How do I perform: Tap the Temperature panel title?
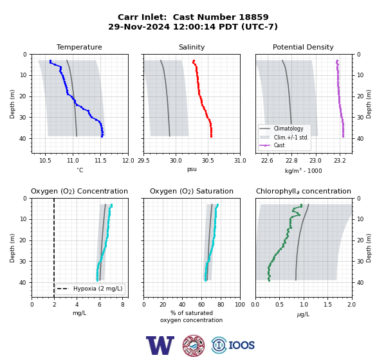79,47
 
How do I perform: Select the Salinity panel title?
192,47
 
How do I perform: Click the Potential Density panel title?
303,47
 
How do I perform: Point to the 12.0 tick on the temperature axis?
128,161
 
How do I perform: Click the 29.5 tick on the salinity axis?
143,161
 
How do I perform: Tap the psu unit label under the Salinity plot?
192,169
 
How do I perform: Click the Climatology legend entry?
288,129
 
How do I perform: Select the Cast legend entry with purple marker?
279,145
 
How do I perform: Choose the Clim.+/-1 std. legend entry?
291,138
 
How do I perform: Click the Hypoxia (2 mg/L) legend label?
98,289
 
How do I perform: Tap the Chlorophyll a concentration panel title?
304,191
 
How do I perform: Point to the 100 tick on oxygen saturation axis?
240,305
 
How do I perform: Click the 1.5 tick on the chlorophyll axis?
327,305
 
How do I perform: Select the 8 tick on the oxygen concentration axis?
123,305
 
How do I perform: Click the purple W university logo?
160,345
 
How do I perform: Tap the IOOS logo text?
241,345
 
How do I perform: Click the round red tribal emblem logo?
194,345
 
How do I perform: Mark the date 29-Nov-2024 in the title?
139,26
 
